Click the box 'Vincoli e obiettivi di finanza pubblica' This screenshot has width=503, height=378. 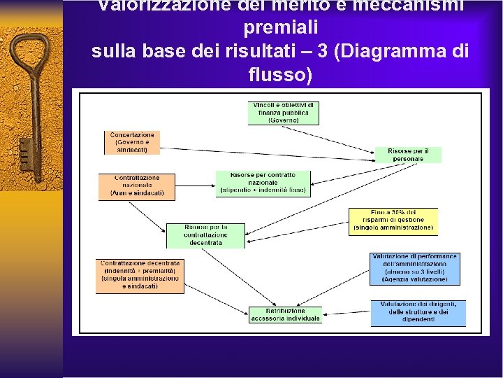tap(283, 113)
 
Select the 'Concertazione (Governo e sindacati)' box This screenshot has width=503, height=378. tap(132, 141)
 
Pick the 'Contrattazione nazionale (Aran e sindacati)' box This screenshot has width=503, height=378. tap(136, 185)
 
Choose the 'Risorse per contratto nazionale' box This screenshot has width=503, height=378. tap(262, 183)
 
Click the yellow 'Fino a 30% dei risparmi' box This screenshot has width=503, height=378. tap(393, 220)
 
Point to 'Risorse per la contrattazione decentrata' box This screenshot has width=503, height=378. tap(205, 235)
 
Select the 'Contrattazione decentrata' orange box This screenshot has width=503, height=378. tap(140, 275)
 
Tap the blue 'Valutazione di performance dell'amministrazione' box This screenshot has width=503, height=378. tap(415, 268)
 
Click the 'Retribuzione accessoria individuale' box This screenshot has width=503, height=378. tap(284, 314)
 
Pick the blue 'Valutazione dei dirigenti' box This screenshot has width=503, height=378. tap(418, 312)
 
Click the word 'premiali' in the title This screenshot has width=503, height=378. tap(281, 29)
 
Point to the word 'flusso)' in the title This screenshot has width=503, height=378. tap(280, 73)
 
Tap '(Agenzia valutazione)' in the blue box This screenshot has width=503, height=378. tap(415, 279)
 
